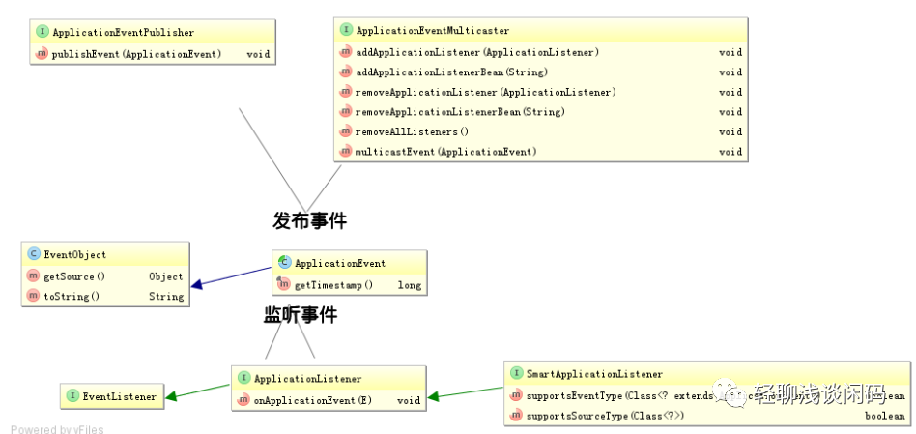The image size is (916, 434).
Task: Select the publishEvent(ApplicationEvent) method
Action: (136, 54)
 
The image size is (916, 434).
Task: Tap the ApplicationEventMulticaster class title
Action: (432, 31)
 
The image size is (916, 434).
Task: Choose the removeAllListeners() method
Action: (412, 131)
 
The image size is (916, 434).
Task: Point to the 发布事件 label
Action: (309, 220)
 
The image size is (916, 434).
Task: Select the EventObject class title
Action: (74, 255)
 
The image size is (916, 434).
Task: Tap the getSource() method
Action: (74, 276)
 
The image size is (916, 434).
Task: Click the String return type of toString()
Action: (166, 297)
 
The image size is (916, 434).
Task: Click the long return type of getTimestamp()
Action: (409, 285)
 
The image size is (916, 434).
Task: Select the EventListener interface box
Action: (111, 395)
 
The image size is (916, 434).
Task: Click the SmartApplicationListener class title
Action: (594, 373)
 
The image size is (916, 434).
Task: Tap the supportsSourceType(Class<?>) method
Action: (605, 416)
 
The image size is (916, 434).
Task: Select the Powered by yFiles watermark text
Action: (57, 429)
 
